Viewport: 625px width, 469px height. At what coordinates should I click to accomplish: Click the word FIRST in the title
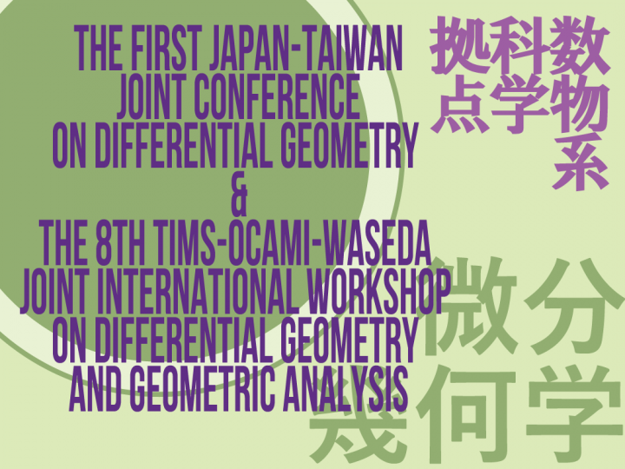163,51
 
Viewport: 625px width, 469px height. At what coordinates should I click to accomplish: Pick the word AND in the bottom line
96,390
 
